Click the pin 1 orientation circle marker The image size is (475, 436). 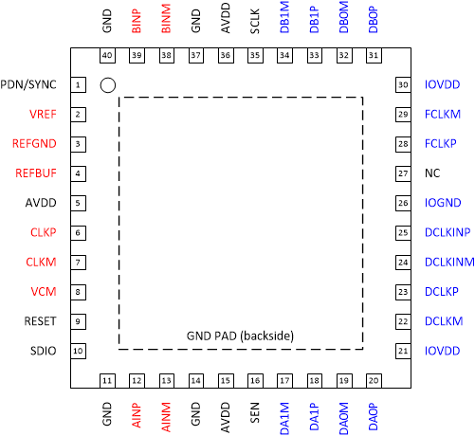[108, 85]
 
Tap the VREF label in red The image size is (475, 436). [43, 115]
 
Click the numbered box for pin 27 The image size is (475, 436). [403, 174]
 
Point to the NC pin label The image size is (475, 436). [433, 174]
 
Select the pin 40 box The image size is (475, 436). [107, 56]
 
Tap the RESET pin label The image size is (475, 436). [41, 321]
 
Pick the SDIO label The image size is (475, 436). [44, 352]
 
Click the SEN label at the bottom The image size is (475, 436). [255, 413]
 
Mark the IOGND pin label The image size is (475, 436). [442, 204]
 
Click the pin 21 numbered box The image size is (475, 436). [403, 352]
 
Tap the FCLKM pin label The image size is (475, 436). [442, 115]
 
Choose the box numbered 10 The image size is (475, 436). [77, 352]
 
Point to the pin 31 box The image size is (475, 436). [374, 56]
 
